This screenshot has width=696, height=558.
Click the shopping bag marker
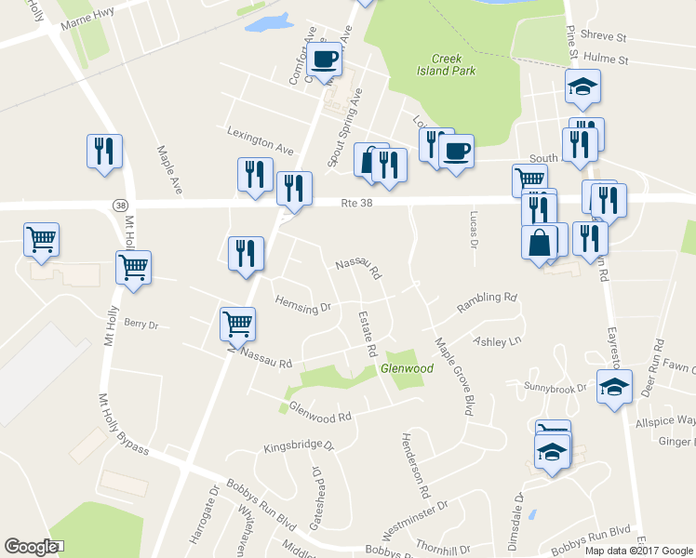[x=540, y=242]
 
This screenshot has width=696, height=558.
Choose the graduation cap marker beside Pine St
[x=583, y=87]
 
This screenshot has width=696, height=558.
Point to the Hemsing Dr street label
[x=303, y=305]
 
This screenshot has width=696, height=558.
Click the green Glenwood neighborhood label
[x=407, y=369]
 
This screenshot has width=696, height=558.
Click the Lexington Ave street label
[x=261, y=140]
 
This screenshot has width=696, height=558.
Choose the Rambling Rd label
[x=486, y=302]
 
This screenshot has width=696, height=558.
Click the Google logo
[x=31, y=547]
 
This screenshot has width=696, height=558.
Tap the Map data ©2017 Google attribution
[x=637, y=550]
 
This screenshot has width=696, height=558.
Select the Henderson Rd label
[x=414, y=463]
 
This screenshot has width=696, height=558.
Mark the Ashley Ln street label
[x=497, y=341]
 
